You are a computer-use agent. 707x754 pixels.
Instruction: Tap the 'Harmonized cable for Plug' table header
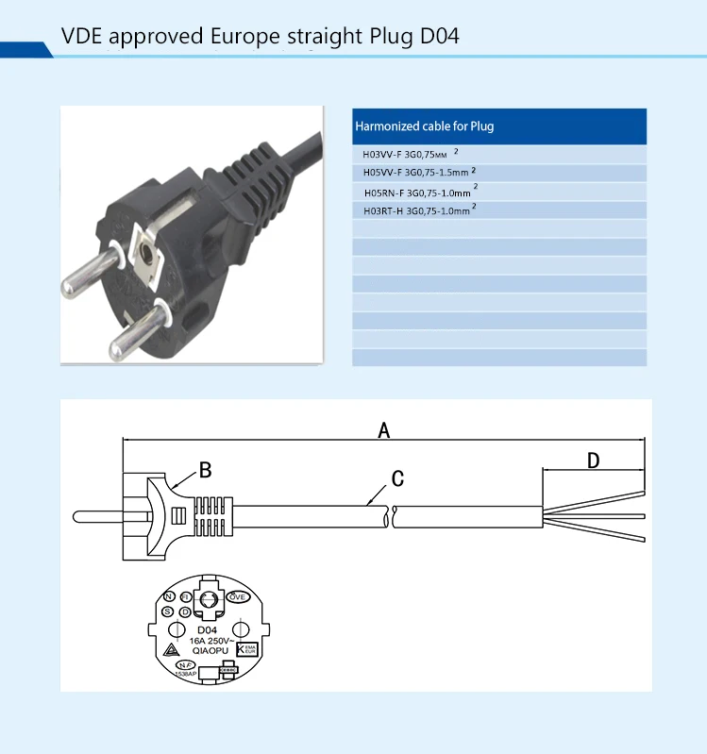(424, 126)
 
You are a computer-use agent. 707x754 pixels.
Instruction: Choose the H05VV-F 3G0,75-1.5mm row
(419, 173)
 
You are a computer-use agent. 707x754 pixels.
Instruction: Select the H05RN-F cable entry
(420, 192)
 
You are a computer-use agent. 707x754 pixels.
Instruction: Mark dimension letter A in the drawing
(383, 430)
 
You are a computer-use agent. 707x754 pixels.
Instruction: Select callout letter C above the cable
(397, 478)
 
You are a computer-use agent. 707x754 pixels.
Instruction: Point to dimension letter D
(593, 461)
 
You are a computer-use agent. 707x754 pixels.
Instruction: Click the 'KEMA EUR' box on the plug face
(248, 649)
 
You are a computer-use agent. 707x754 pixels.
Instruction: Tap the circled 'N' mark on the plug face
(168, 597)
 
